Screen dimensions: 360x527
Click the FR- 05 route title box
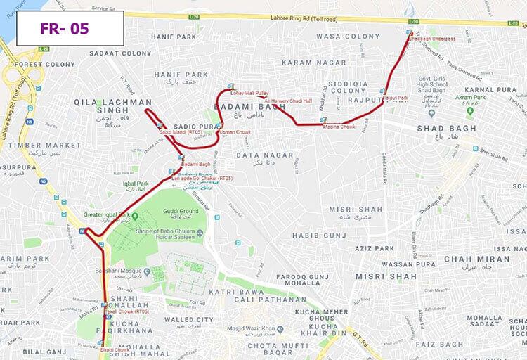click(70, 28)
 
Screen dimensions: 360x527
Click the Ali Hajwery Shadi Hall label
click(288, 101)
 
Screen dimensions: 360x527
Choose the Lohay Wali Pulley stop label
click(251, 93)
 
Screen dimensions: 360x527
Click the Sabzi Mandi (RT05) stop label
click(181, 131)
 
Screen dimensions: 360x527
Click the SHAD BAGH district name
click(441, 129)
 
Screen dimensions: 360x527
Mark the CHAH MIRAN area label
click(476, 258)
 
